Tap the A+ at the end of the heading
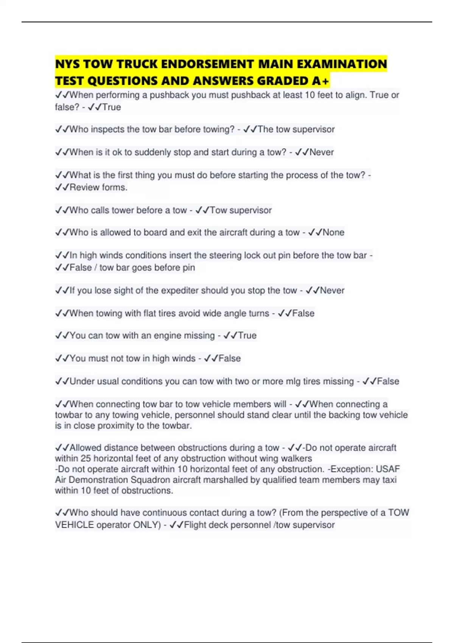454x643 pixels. pyautogui.click(x=321, y=81)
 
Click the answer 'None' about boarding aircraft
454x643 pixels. pyautogui.click(x=333, y=232)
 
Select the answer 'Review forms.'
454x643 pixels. pyautogui.click(x=98, y=187)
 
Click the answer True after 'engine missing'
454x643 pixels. pyautogui.click(x=247, y=335)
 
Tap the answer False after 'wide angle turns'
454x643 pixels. pyautogui.click(x=303, y=313)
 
